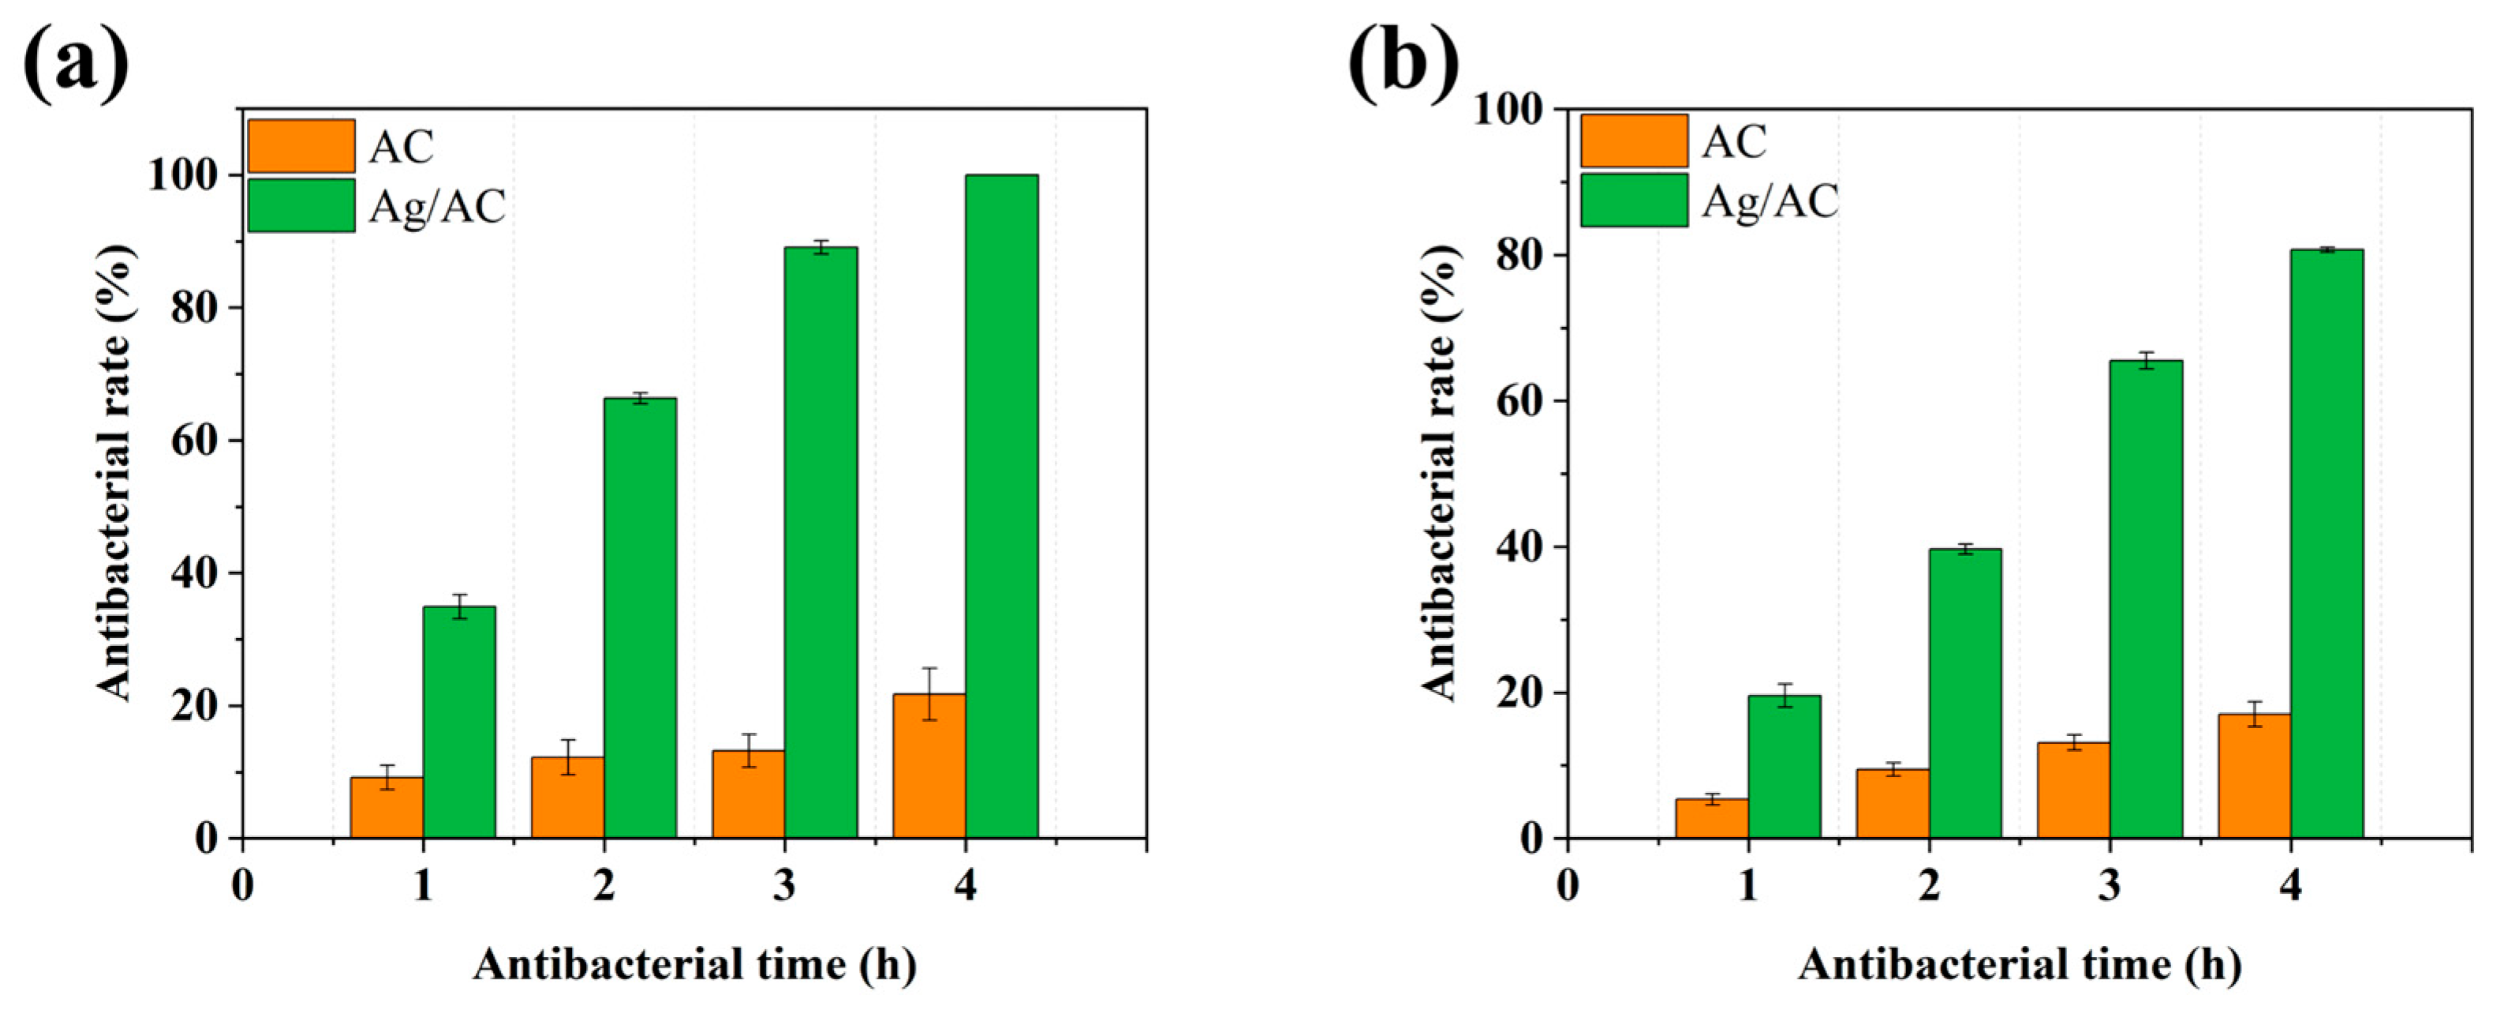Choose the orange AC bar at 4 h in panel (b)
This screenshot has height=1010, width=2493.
tap(2254, 775)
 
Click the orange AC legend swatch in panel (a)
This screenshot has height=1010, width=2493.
tap(301, 146)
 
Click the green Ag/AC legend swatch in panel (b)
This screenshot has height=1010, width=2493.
tap(1634, 201)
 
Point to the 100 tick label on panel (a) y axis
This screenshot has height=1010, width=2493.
tap(182, 176)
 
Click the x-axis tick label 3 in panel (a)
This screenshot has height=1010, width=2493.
tap(784, 886)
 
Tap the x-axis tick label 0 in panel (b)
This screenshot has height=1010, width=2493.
tap(1567, 886)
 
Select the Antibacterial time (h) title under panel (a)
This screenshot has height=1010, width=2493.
tap(694, 966)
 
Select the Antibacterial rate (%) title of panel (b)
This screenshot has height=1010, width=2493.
tap(1440, 471)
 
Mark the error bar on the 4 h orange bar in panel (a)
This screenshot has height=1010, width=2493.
tap(929, 693)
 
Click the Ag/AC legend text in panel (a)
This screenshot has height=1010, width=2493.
tap(437, 206)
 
